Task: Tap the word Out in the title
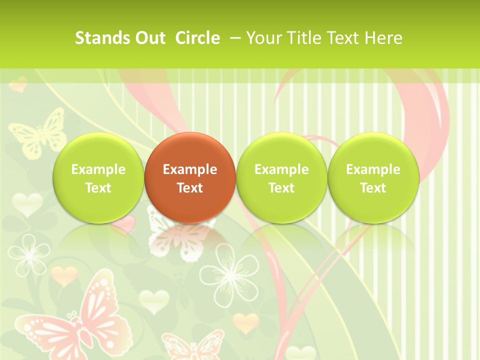click(148, 38)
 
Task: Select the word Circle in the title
click(197, 38)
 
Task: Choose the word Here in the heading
click(383, 38)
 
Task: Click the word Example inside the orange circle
click(190, 169)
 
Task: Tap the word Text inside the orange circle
click(190, 188)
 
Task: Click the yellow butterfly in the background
click(38, 132)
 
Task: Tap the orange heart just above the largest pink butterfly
click(64, 275)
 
